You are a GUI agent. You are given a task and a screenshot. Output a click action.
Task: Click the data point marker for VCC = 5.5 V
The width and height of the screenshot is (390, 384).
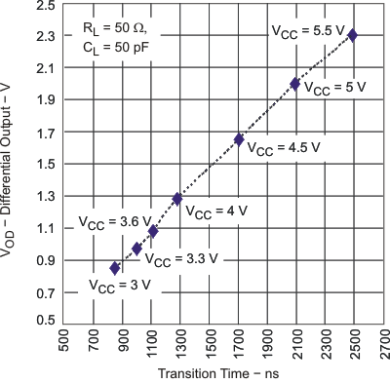tap(352, 35)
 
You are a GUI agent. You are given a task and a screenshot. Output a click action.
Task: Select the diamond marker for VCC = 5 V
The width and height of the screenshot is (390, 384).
tap(295, 84)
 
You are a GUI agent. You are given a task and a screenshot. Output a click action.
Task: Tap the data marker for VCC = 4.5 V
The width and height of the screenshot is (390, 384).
tap(239, 139)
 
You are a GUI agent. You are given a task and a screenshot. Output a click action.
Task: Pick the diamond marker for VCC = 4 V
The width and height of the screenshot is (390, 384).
tap(177, 199)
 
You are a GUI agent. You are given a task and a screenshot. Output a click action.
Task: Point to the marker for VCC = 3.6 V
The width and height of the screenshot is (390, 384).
tap(153, 231)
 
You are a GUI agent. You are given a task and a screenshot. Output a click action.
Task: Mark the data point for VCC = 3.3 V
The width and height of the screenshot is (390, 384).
tap(137, 249)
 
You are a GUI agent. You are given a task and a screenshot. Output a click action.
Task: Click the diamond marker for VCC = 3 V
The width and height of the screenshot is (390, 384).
tap(115, 268)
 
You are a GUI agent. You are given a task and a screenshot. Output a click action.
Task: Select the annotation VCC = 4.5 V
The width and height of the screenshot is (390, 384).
tap(284, 149)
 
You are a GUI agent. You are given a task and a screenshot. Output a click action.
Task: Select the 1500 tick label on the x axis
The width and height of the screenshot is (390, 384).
tap(209, 346)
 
